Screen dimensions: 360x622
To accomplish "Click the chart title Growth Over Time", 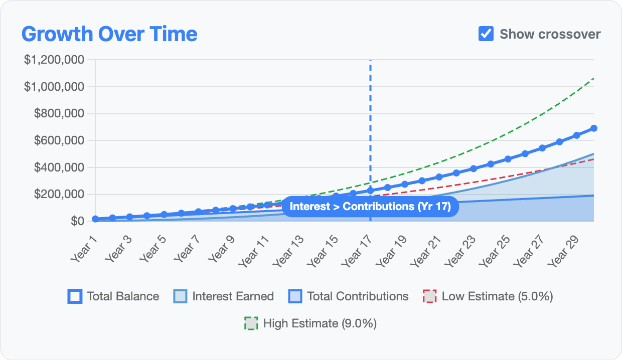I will click(109, 34).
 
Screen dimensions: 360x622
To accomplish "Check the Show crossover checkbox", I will click(486, 34).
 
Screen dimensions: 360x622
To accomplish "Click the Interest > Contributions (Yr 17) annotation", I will click(370, 207).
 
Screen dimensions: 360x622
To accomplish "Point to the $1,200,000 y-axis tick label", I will click(54, 60).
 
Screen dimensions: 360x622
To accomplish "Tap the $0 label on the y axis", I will click(77, 221).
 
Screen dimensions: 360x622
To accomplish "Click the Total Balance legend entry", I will click(113, 296).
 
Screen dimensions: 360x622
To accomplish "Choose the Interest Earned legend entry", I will click(224, 296).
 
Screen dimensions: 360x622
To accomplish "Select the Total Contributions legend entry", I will click(349, 296).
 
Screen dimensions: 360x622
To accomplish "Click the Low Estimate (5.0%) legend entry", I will click(488, 296).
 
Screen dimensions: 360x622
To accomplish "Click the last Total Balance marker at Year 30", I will click(594, 128).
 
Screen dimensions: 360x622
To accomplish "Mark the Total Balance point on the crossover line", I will click(370, 191).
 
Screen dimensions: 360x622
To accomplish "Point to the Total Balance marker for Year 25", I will click(508, 159).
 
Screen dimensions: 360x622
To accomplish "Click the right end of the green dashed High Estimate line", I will click(594, 78).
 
